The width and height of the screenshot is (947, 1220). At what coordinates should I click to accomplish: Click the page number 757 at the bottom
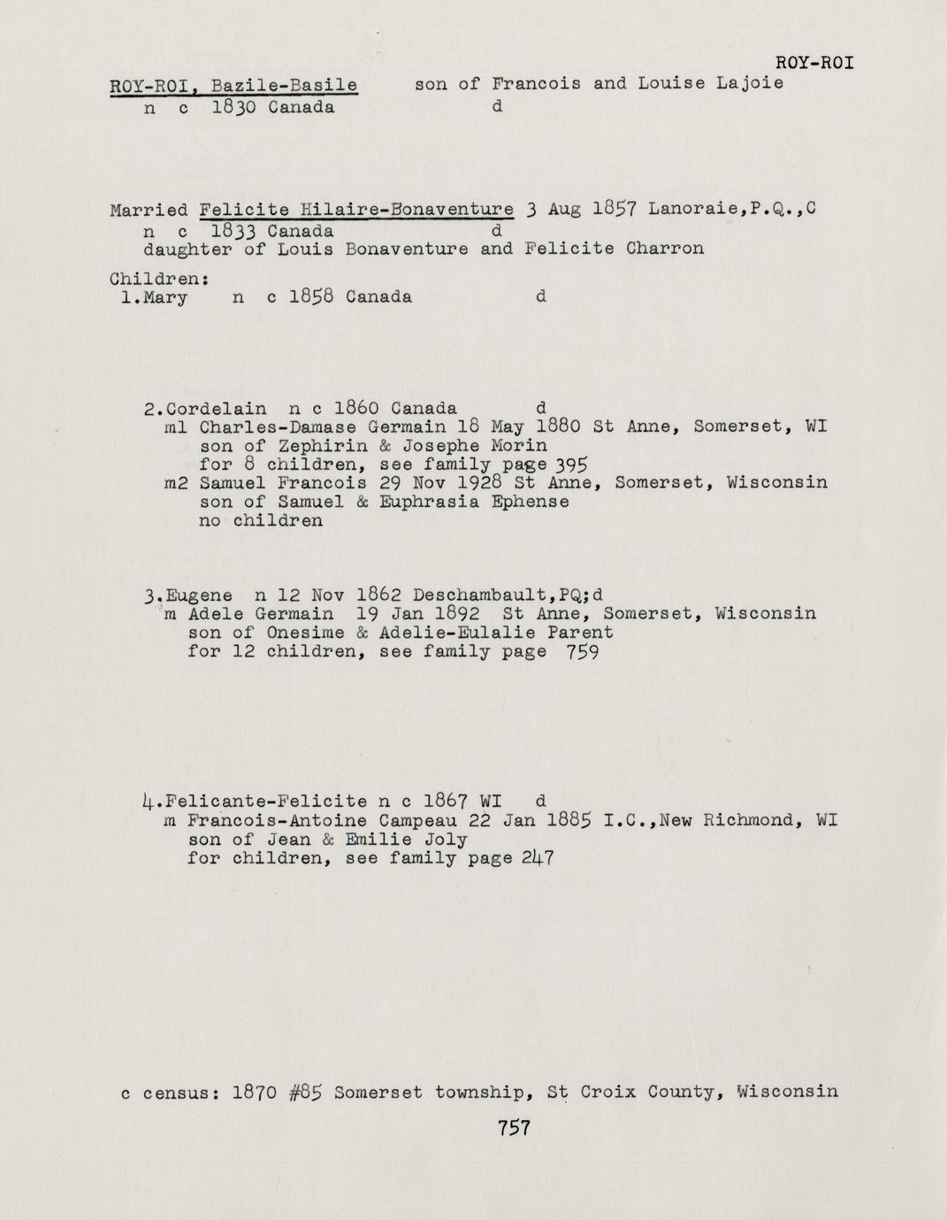(x=513, y=1128)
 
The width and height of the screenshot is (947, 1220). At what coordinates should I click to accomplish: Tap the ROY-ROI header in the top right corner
(x=814, y=63)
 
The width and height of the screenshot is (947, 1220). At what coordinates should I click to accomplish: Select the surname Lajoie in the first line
(x=750, y=84)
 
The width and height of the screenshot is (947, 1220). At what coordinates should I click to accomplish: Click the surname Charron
(x=665, y=249)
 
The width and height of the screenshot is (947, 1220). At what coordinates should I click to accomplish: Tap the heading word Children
(x=156, y=279)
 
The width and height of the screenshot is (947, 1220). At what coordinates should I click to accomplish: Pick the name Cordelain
(x=216, y=409)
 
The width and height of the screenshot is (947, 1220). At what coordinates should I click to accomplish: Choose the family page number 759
(x=584, y=653)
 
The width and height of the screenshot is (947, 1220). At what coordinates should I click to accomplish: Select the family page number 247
(x=538, y=859)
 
